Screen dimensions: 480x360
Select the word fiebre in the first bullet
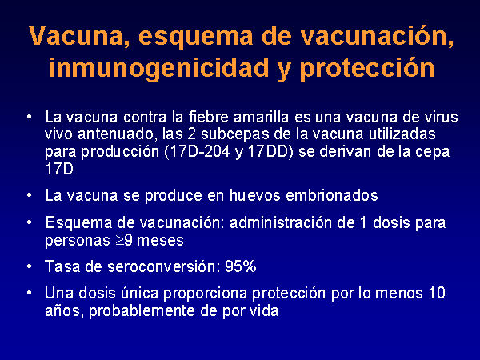[x=208, y=117]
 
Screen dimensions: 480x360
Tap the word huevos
[x=254, y=196]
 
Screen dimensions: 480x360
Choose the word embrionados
[x=332, y=196]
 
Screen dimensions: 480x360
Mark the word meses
[x=160, y=241]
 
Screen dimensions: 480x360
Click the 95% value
[x=241, y=266]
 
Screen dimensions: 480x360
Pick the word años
[x=64, y=311]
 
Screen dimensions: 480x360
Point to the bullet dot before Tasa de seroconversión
[x=30, y=266]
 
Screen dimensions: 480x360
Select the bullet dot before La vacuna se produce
[x=30, y=196]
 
